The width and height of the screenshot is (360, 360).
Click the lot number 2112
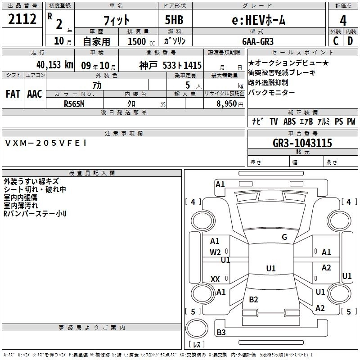(x=22, y=20)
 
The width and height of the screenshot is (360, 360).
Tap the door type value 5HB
(x=174, y=20)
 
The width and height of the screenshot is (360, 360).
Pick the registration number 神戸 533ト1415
(x=171, y=65)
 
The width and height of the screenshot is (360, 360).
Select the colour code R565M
(x=74, y=103)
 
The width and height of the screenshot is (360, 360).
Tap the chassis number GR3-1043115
(x=302, y=143)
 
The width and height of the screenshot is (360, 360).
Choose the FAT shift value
(x=13, y=94)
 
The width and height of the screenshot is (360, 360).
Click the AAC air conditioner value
(x=35, y=94)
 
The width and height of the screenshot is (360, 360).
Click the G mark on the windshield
(x=284, y=237)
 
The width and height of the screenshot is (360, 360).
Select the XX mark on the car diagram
(x=216, y=279)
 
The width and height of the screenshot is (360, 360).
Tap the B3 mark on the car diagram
(x=221, y=333)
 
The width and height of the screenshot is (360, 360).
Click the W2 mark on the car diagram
(x=216, y=252)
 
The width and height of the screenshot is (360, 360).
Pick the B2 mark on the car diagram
(x=253, y=300)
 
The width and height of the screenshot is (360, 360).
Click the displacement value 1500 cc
(x=140, y=42)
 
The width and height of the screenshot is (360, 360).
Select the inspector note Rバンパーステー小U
(x=35, y=213)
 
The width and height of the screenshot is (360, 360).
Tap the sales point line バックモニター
(x=271, y=92)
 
